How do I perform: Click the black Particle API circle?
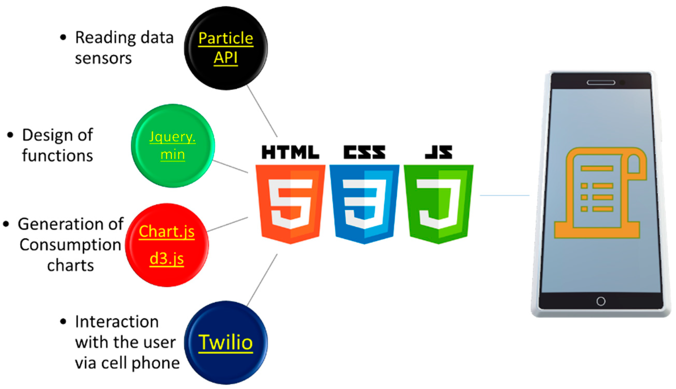pos(226,48)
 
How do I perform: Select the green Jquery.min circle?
pos(173,146)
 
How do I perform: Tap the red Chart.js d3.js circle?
pos(167,245)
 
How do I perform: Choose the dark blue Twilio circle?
pos(226,343)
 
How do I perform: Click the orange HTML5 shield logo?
pos(290,203)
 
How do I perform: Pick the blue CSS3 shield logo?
pos(364,203)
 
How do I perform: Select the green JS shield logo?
pos(438,203)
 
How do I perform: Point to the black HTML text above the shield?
pos(290,152)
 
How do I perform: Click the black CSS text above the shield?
pos(364,152)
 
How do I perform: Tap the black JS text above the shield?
pos(438,152)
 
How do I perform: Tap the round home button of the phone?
pos(601,301)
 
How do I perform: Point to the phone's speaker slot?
pos(601,83)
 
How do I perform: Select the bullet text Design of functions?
pos(57,145)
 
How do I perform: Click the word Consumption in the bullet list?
pos(70,245)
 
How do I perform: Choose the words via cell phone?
pos(127,363)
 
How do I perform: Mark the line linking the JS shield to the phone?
pos(504,195)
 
